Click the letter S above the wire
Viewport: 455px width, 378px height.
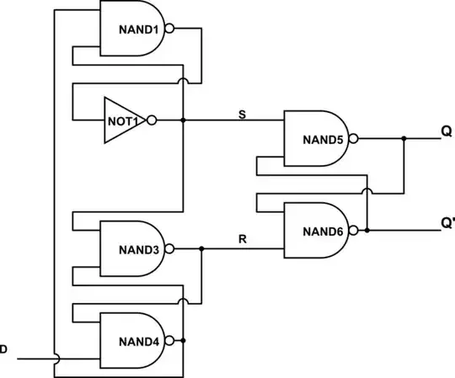[243, 114]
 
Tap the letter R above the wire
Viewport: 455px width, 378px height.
[243, 241]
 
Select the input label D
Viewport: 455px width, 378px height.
[4, 349]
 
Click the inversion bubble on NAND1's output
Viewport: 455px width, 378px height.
[169, 29]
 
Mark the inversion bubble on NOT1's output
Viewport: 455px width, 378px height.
[152, 120]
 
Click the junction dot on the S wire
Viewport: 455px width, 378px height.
[183, 120]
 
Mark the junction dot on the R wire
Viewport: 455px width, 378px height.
[201, 249]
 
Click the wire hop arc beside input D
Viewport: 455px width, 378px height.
[55, 357]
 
